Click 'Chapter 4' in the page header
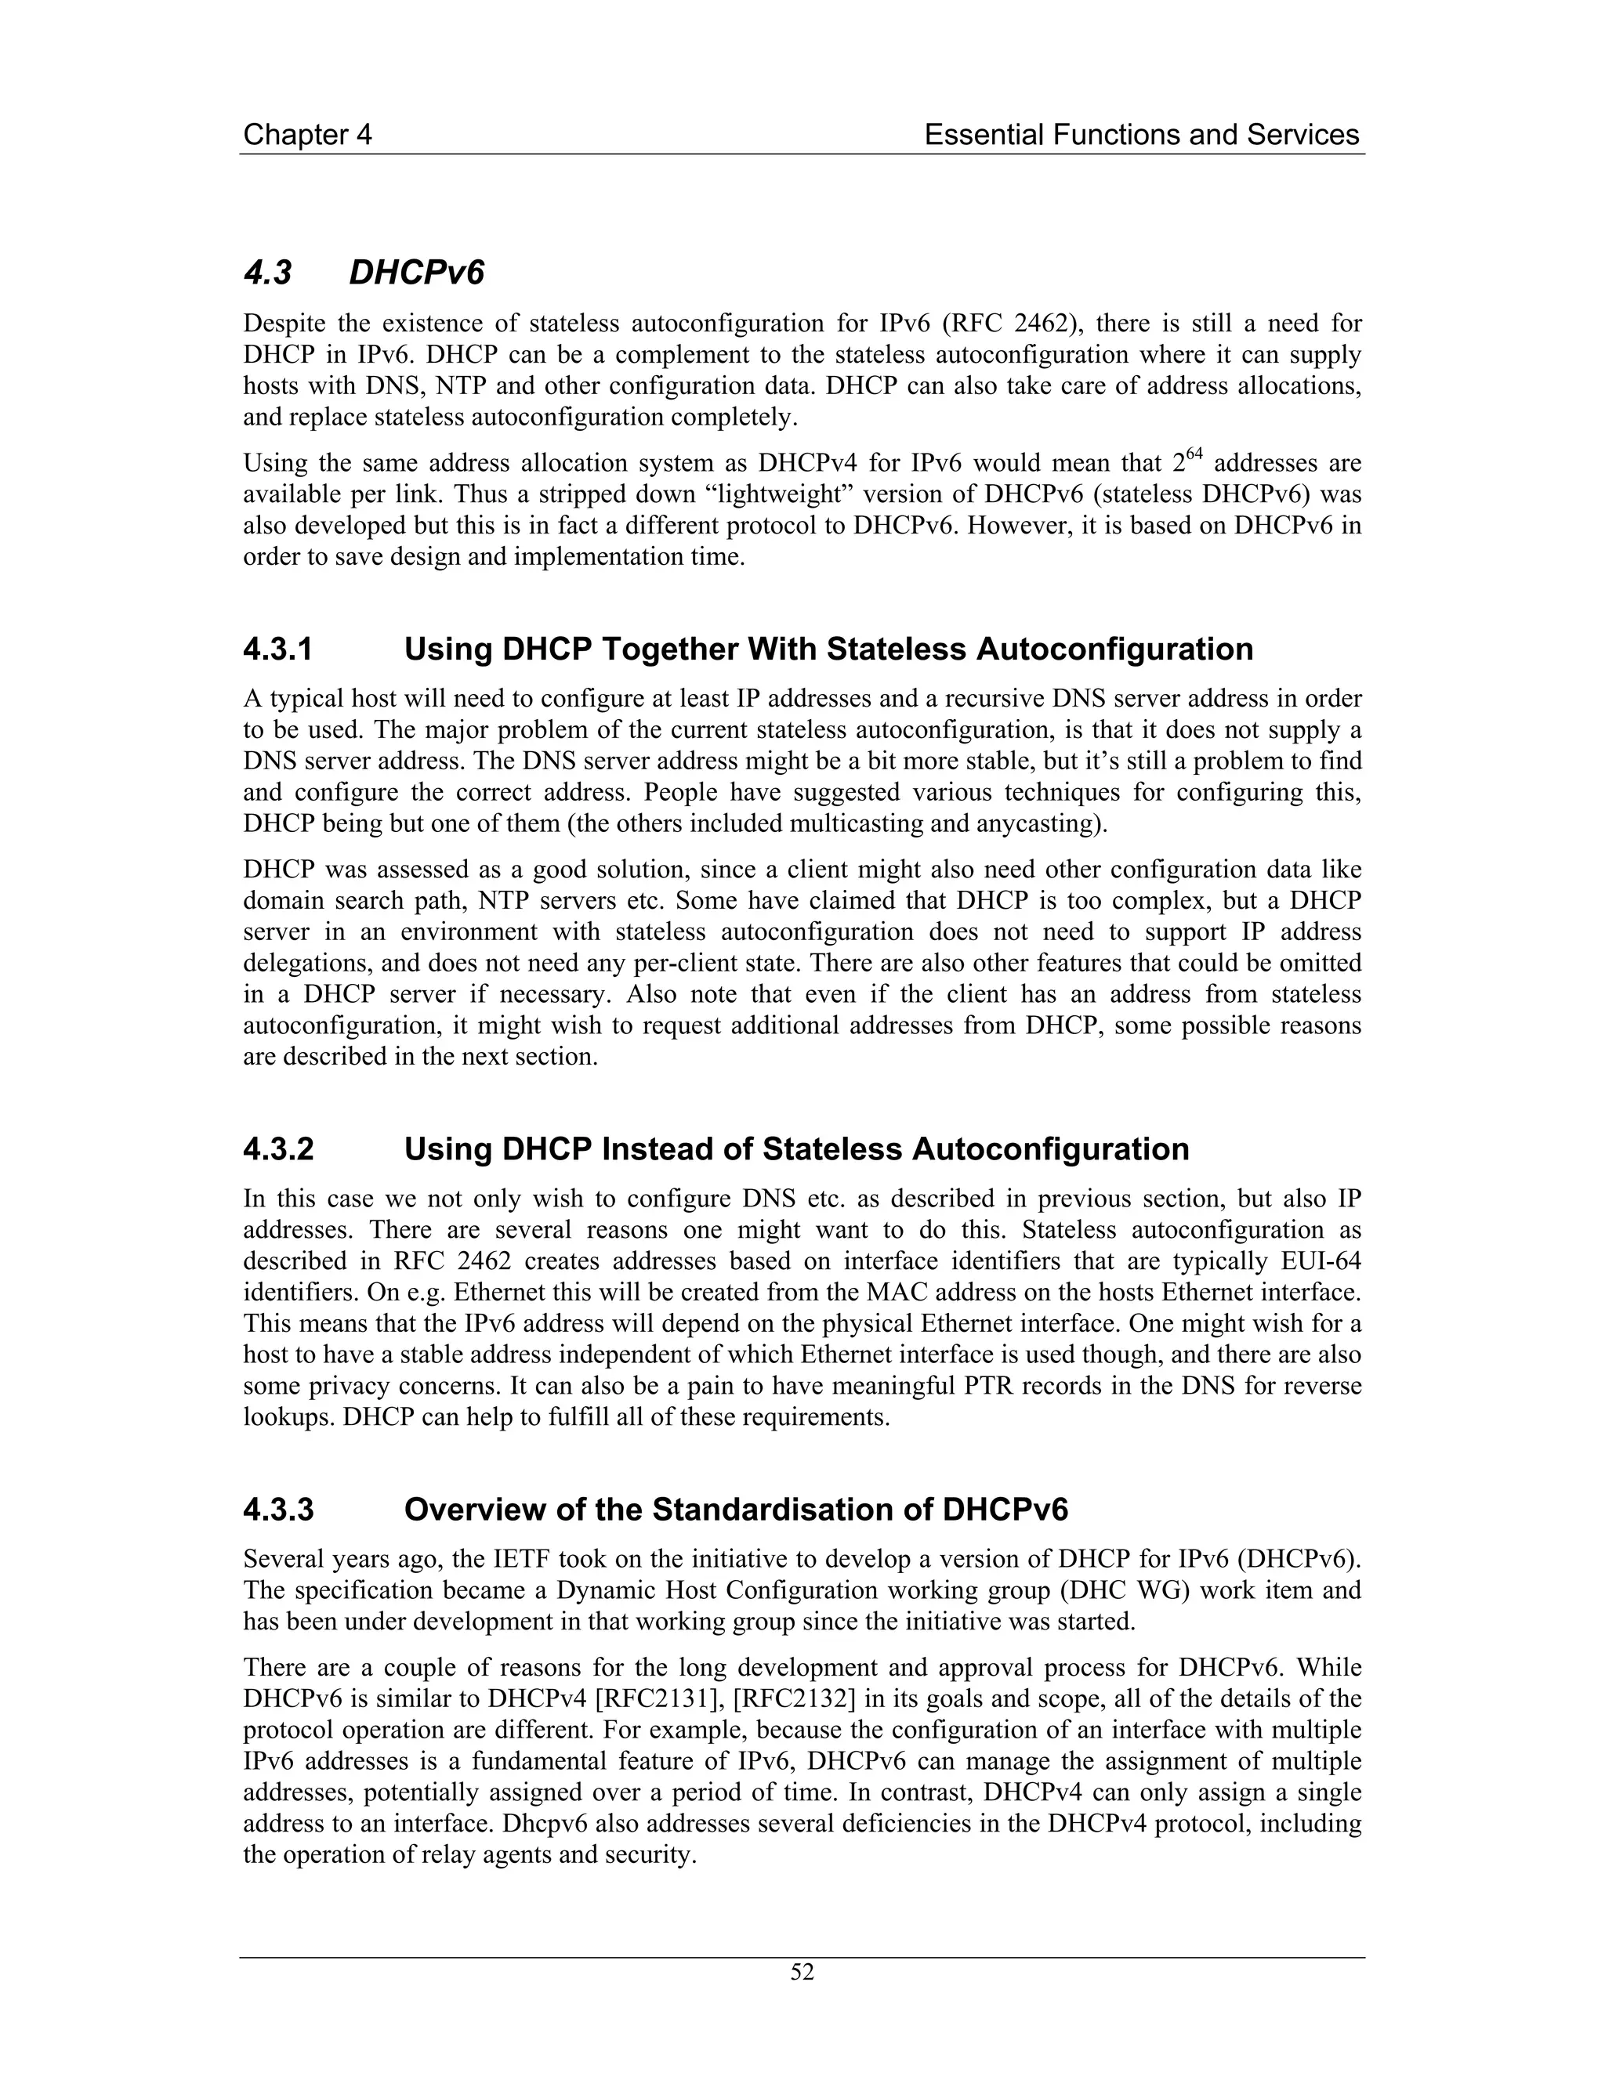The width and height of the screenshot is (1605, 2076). (x=307, y=135)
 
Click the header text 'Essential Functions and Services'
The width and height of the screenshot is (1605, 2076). (x=1141, y=135)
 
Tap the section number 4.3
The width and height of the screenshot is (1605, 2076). (x=267, y=273)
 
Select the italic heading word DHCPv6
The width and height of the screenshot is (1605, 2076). (x=416, y=273)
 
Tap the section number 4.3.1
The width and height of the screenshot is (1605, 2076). (x=277, y=649)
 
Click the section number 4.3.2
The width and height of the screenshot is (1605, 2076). (x=277, y=1149)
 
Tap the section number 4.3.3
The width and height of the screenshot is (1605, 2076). (x=277, y=1510)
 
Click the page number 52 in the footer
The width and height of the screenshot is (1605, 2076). (x=802, y=1973)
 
